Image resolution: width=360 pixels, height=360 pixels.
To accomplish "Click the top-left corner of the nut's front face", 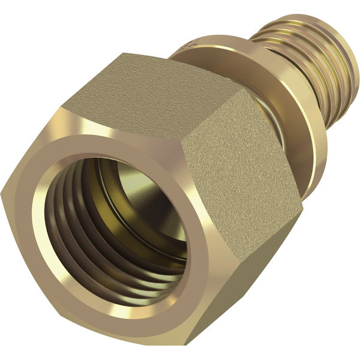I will [63, 108].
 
